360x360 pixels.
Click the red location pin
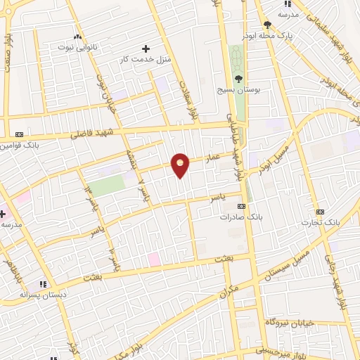[181, 165]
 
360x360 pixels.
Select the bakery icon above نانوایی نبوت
[77, 36]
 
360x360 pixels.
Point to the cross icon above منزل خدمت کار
[146, 49]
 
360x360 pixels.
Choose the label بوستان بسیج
[238, 90]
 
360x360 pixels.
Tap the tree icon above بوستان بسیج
[238, 79]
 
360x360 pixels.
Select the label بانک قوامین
[19, 146]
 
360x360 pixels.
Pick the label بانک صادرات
[240, 217]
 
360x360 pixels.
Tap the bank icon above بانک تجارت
[321, 212]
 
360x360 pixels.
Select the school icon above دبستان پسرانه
[43, 285]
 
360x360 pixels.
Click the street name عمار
[214, 160]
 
